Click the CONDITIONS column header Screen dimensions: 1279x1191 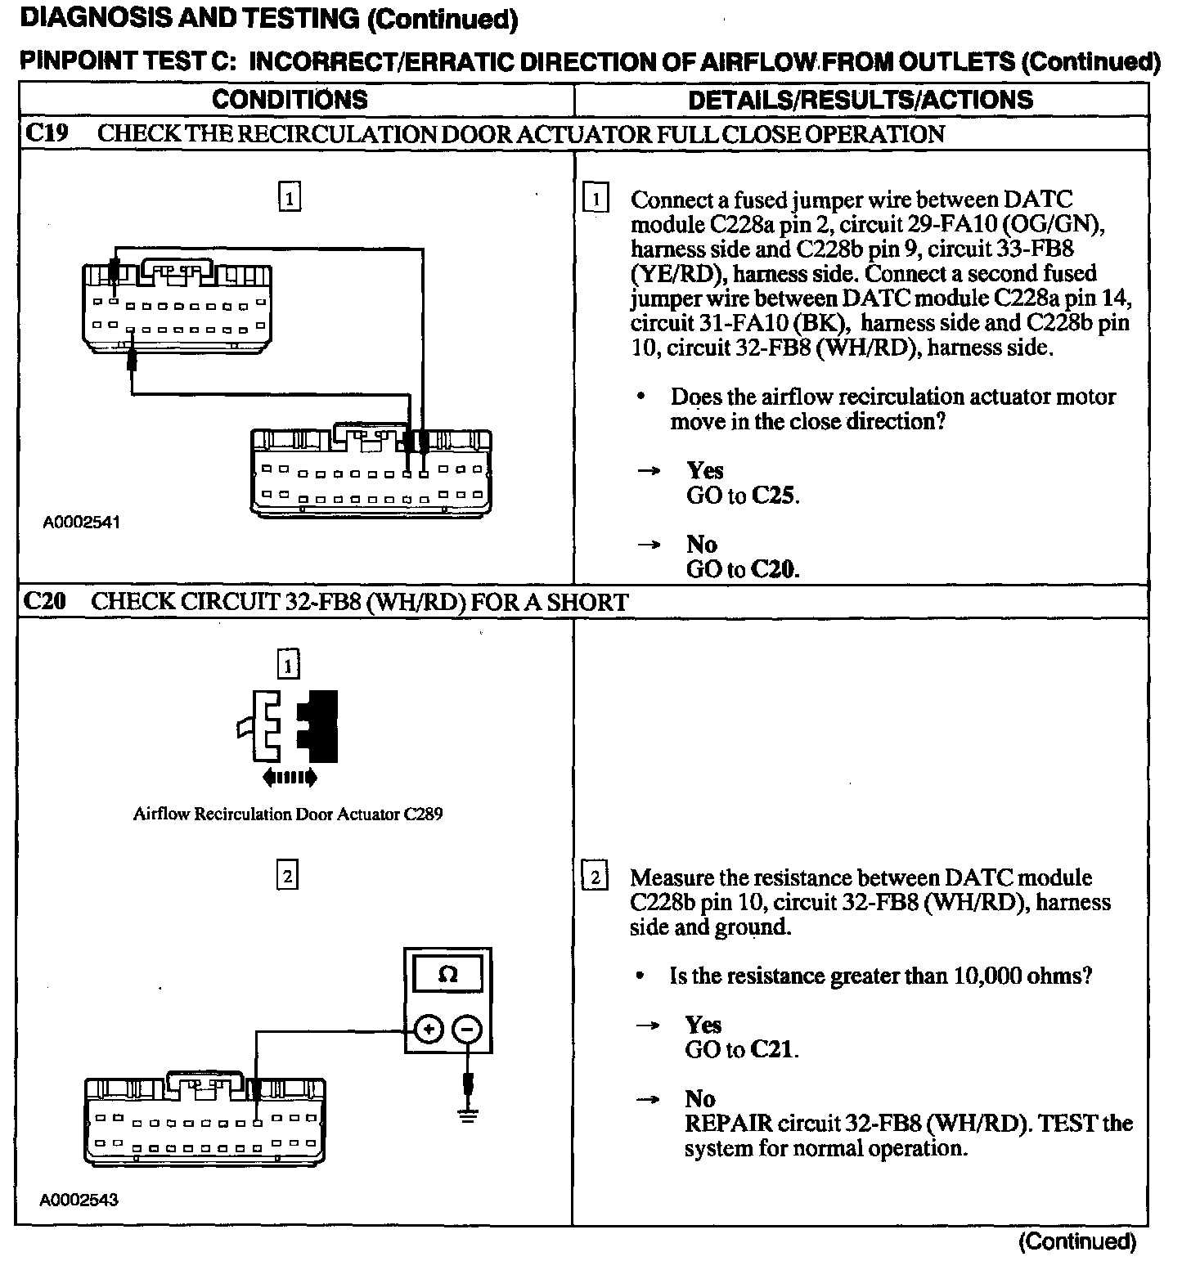290,100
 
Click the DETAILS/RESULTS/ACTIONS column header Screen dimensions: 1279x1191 861,100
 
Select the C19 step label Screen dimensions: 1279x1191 47,133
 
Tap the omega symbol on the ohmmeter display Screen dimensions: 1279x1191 448,974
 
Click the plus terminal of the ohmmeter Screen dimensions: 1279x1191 429,1030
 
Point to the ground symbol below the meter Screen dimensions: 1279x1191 467,1114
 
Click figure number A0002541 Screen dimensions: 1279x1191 82,523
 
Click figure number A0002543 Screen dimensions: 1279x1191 79,1200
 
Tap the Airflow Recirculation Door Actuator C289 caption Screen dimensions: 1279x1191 288,815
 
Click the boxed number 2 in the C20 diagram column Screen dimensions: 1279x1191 287,876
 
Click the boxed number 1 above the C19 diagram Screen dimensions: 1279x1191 290,197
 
